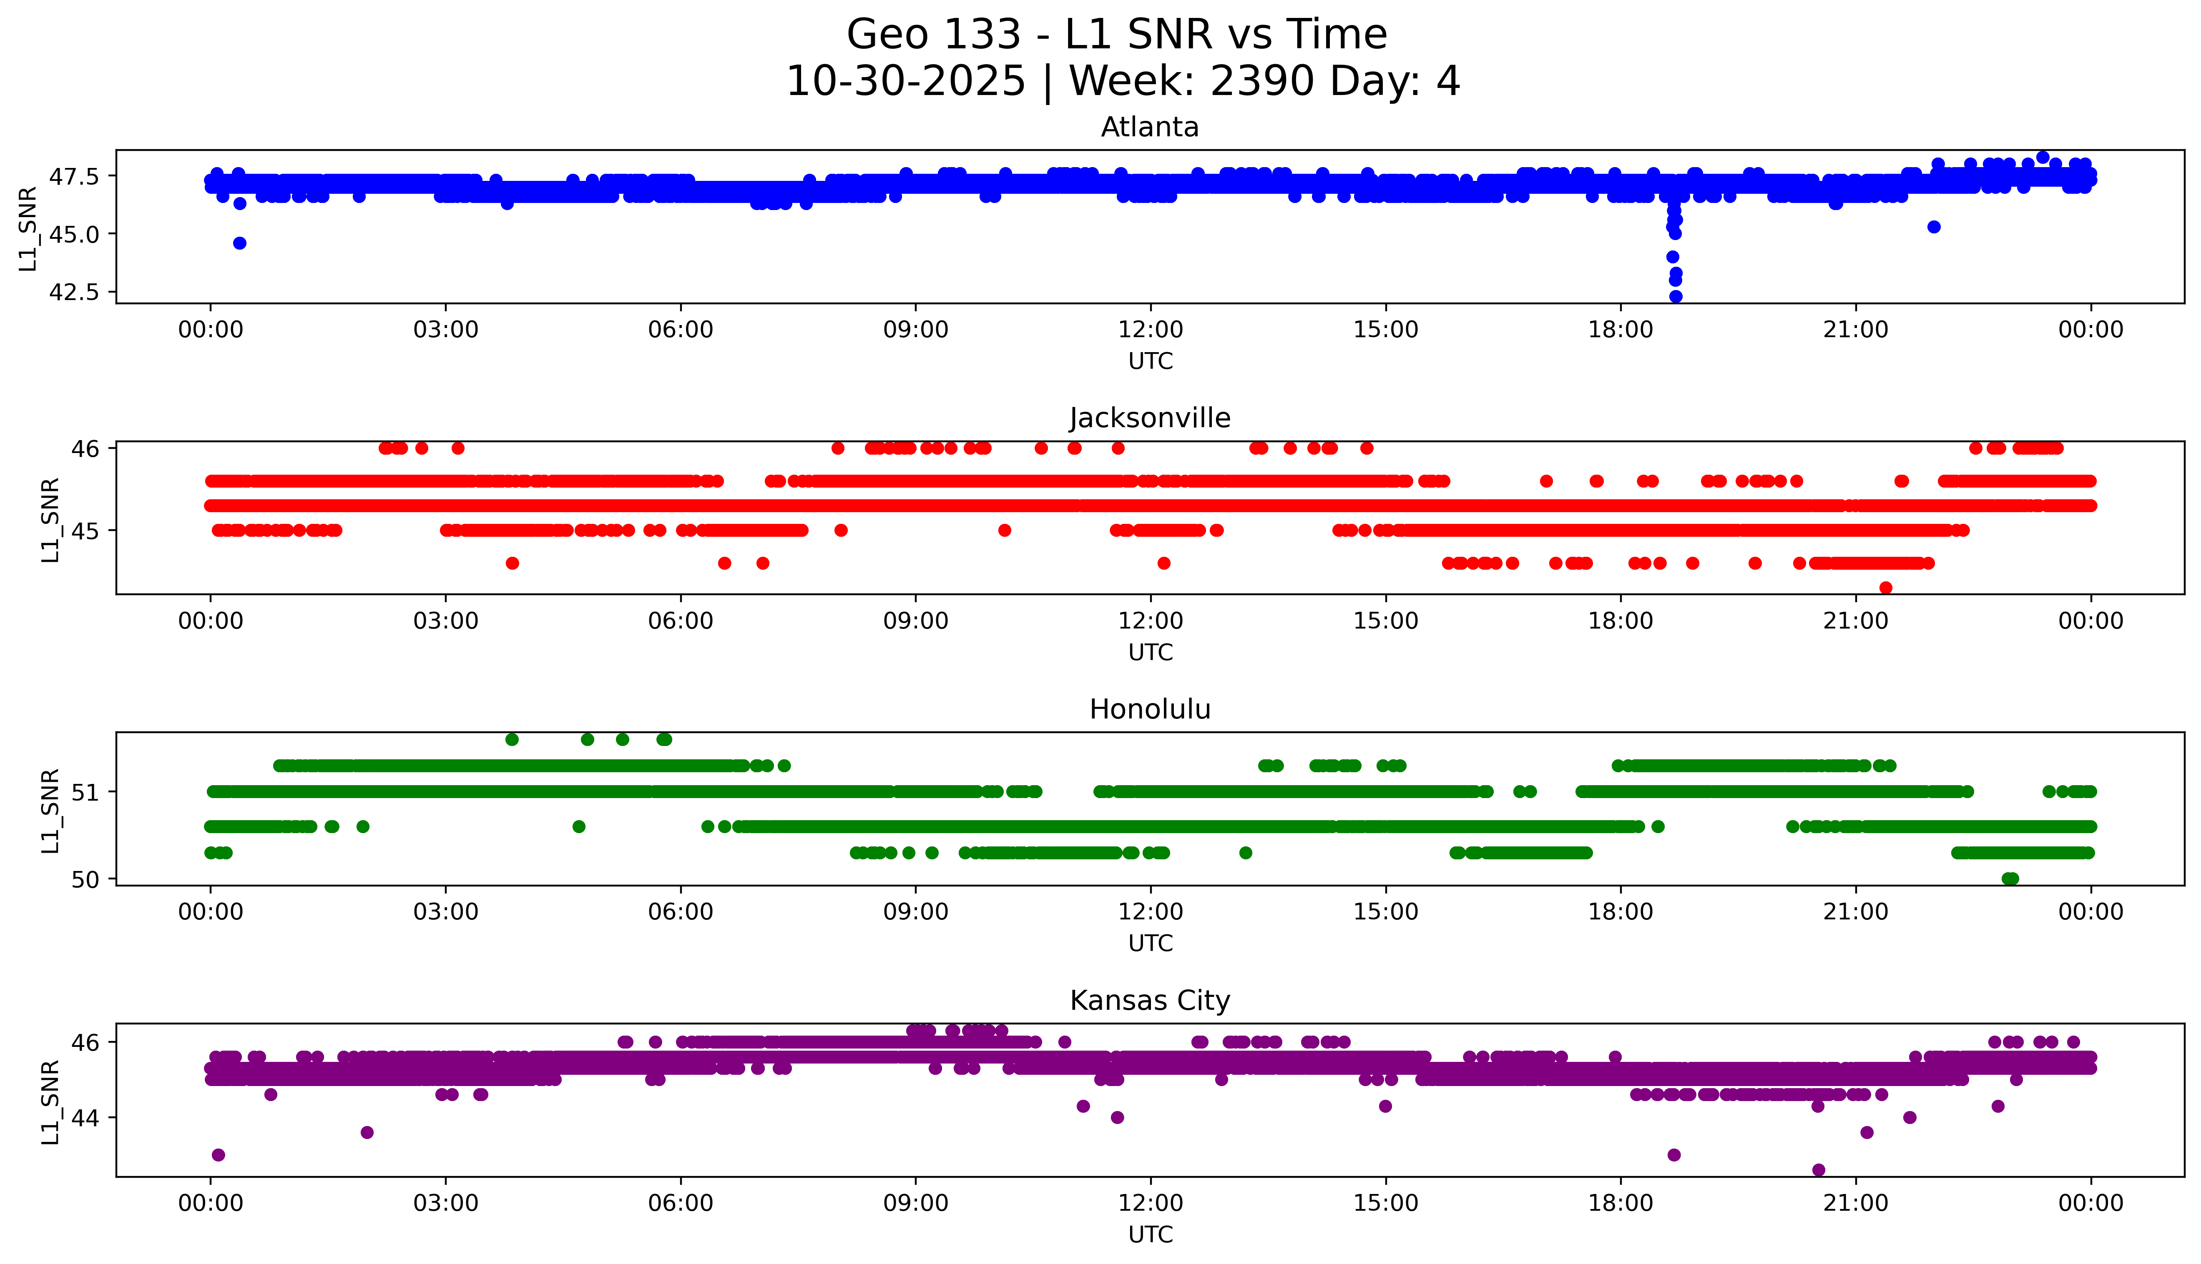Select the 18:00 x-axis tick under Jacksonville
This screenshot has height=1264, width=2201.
1621,621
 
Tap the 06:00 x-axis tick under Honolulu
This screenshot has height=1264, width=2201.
680,911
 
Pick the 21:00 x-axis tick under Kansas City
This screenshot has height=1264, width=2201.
1855,1203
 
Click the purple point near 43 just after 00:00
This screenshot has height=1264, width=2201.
218,1155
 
